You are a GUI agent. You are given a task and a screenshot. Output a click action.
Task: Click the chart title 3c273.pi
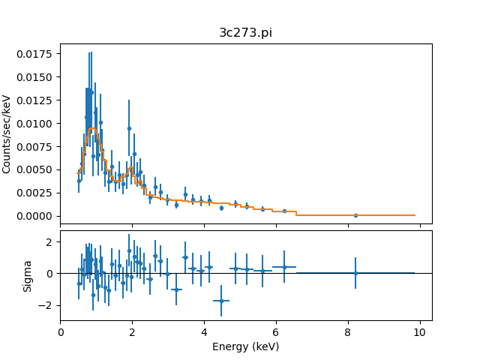point(245,33)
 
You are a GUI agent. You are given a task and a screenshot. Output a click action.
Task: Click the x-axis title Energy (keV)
point(245,346)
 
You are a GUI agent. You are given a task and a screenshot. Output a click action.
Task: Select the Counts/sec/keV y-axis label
point(7,134)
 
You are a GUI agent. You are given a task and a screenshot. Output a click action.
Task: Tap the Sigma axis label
point(28,276)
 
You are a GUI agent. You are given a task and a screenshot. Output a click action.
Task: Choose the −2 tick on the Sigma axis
point(47,306)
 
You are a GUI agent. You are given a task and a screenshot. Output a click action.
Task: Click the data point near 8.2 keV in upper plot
point(355,215)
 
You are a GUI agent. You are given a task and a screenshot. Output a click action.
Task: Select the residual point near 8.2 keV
point(355,273)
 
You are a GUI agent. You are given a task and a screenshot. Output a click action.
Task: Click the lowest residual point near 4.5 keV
point(221,301)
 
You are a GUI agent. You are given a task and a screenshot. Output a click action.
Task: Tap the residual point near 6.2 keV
point(284,267)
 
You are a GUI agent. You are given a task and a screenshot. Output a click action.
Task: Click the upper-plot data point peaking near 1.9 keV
point(129,128)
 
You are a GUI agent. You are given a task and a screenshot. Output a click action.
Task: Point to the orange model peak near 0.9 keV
point(92,128)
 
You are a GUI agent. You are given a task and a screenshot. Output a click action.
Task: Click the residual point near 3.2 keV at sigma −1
point(176,289)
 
